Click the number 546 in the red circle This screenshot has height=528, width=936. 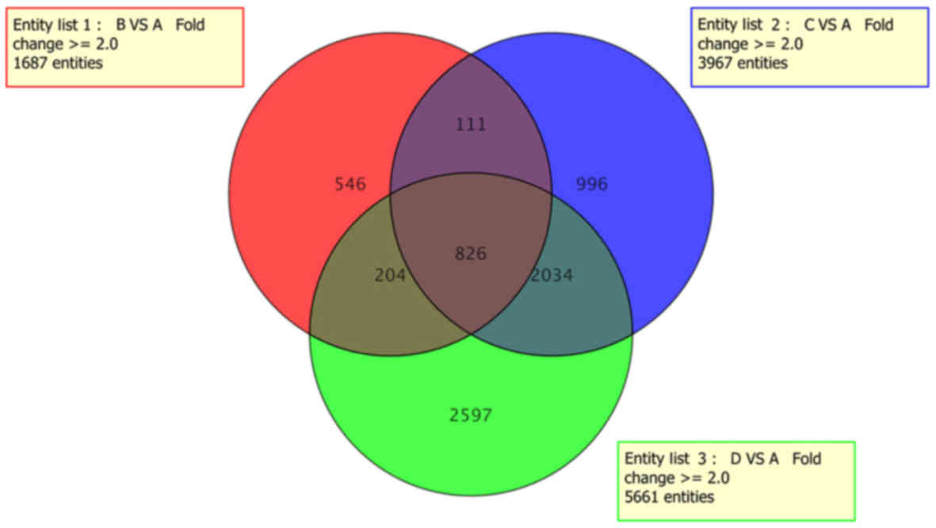click(350, 185)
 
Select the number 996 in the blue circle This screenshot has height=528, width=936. click(591, 185)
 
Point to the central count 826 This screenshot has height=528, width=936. click(471, 254)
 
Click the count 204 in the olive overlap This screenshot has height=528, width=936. click(389, 275)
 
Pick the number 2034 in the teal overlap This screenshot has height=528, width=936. click(552, 275)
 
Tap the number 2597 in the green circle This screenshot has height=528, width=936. click(471, 415)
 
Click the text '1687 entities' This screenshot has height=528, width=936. click(58, 63)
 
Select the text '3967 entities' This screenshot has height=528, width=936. click(743, 63)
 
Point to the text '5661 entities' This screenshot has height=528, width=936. click(669, 497)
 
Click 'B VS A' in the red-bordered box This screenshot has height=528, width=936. click(139, 25)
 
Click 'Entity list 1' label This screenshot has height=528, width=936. click(52, 25)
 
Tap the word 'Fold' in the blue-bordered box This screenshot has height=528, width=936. click(879, 25)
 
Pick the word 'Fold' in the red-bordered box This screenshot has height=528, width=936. click(190, 25)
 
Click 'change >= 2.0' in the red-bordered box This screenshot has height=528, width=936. click(65, 44)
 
